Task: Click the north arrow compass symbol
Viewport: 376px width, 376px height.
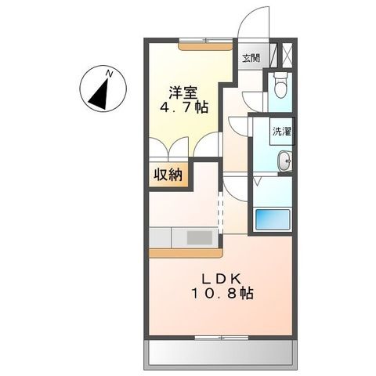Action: (100, 91)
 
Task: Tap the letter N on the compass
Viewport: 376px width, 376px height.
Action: (110, 74)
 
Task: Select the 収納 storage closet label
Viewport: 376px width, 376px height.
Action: (168, 175)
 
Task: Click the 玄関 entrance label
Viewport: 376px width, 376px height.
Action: (251, 57)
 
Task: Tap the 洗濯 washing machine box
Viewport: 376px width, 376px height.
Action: (281, 132)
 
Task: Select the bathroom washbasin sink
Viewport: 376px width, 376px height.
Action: (284, 162)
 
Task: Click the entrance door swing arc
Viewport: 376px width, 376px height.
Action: (251, 20)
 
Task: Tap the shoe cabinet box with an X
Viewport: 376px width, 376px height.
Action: (285, 56)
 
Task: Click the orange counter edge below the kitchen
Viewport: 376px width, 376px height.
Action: (186, 253)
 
